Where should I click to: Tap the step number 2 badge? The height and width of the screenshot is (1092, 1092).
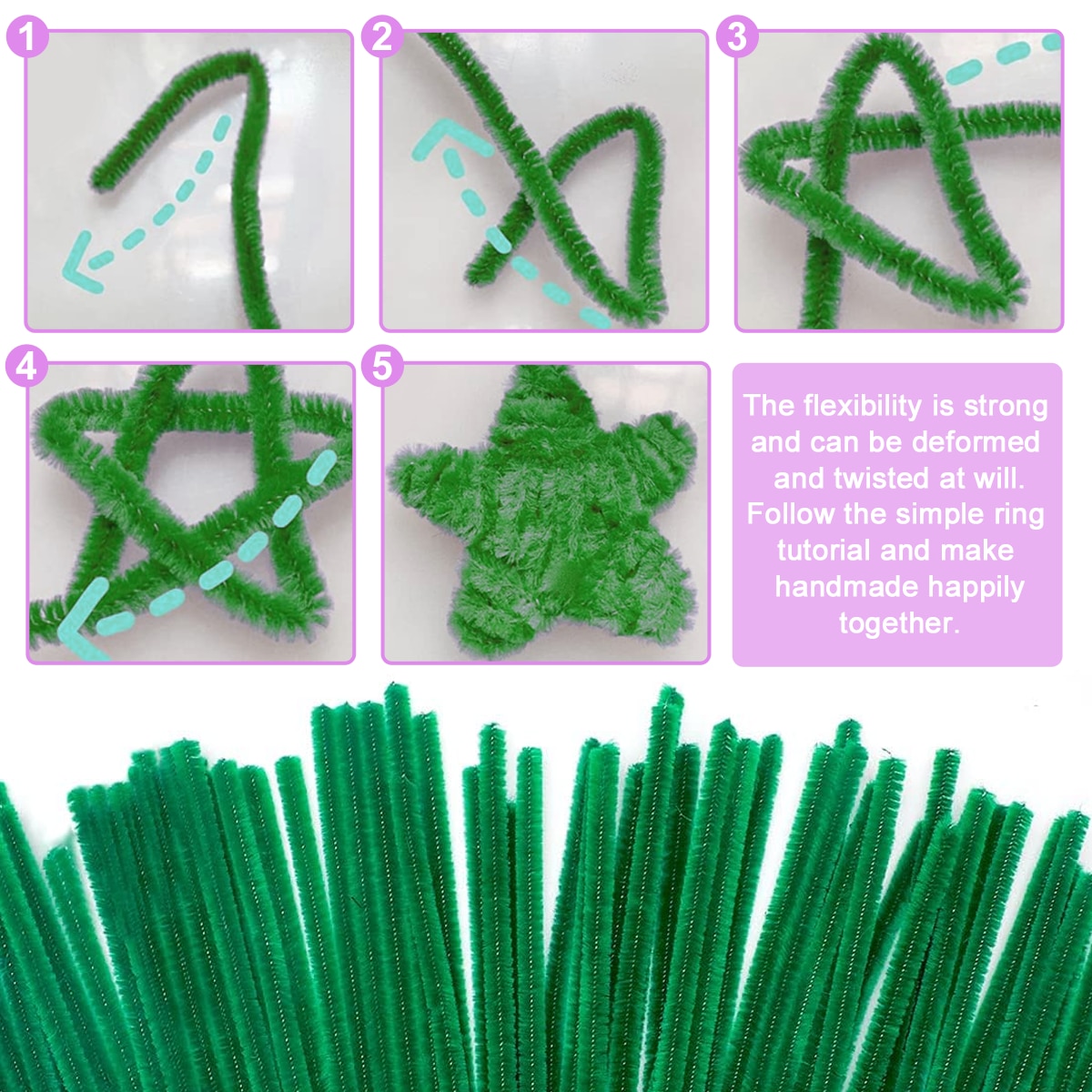[x=382, y=36]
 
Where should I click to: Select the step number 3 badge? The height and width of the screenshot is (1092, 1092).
[x=737, y=36]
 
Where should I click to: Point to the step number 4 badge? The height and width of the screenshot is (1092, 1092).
[x=27, y=366]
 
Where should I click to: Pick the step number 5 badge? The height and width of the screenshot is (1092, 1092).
[x=382, y=366]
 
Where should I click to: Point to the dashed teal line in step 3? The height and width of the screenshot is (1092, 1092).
[x=1001, y=56]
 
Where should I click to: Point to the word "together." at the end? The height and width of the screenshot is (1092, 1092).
[x=898, y=623]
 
